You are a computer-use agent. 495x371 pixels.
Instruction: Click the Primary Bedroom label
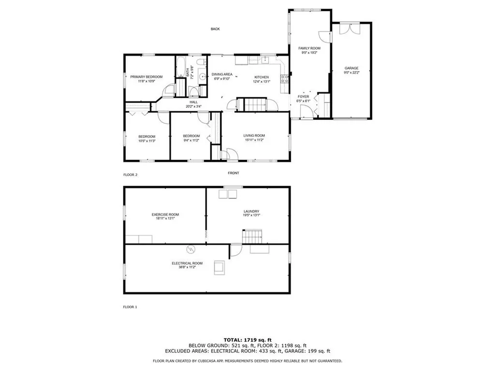click(x=146, y=77)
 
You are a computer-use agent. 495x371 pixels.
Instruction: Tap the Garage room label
click(x=351, y=68)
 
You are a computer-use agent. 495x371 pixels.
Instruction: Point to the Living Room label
click(x=254, y=135)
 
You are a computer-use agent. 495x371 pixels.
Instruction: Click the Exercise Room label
click(x=165, y=214)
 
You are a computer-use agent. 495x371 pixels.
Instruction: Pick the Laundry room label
click(x=251, y=211)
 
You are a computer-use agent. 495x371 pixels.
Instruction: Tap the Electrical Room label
click(x=187, y=263)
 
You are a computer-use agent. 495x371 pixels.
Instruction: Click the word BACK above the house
click(x=215, y=29)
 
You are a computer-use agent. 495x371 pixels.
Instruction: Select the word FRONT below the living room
click(x=233, y=173)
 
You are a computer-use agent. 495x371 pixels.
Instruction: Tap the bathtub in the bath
click(x=182, y=67)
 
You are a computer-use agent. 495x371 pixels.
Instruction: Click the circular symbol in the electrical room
click(x=190, y=249)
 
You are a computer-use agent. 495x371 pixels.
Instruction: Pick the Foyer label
click(x=303, y=97)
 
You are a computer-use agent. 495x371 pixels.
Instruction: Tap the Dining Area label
click(x=222, y=74)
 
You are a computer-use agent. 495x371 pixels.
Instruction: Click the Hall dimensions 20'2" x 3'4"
click(x=193, y=106)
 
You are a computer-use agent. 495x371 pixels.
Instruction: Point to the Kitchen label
click(x=262, y=77)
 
